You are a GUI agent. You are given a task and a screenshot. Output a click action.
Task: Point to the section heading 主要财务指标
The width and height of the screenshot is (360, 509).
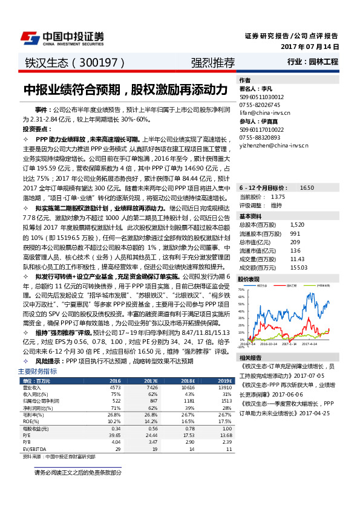point(38,371)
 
